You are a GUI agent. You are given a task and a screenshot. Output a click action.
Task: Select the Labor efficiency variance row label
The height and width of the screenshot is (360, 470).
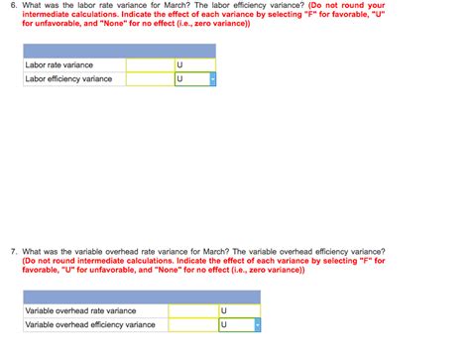click(x=68, y=79)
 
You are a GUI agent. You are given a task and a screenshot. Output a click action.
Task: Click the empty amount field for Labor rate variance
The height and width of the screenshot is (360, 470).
click(x=148, y=65)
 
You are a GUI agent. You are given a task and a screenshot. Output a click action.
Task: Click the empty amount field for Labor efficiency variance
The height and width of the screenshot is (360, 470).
click(x=148, y=79)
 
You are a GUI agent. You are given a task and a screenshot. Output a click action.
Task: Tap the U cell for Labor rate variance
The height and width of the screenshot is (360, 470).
click(x=193, y=65)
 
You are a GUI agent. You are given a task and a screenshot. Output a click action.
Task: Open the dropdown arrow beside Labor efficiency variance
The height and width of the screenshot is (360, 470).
click(x=212, y=79)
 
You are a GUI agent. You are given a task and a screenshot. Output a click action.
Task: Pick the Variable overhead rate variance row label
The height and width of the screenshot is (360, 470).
click(x=80, y=310)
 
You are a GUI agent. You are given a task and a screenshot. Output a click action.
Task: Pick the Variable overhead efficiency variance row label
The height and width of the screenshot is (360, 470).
click(x=89, y=324)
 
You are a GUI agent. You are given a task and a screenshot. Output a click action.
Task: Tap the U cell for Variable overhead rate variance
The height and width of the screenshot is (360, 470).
click(x=238, y=310)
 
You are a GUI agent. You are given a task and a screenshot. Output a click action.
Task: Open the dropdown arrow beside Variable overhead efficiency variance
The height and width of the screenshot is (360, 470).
click(x=257, y=324)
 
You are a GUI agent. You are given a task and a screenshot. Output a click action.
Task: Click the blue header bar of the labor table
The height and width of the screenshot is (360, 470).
click(x=119, y=51)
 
